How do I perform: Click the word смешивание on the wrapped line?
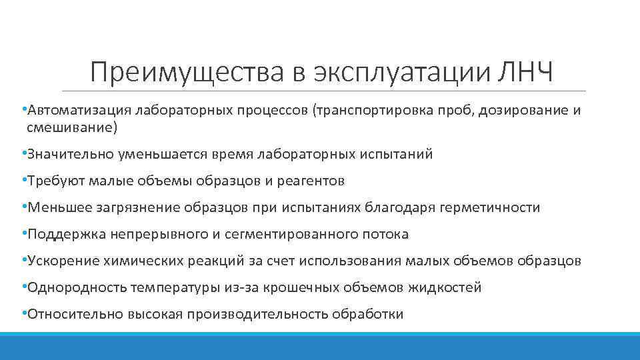[73, 126]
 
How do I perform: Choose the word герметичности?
[490, 207]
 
